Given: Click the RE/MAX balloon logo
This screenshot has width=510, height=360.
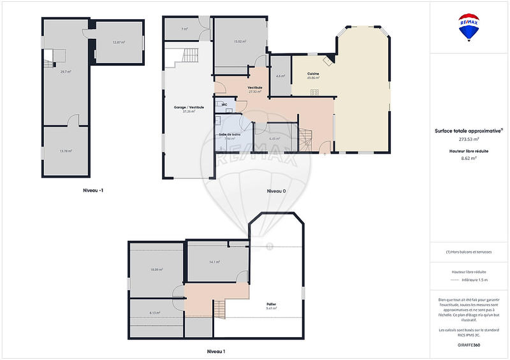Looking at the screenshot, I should pyautogui.click(x=469, y=28).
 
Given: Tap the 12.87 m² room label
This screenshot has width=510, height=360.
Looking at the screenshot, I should pyautogui.click(x=119, y=42).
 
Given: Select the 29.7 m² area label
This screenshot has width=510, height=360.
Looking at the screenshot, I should pyautogui.click(x=65, y=72).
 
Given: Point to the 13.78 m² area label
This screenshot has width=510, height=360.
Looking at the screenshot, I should pyautogui.click(x=65, y=151).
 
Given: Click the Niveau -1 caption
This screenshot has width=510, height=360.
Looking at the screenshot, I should pyautogui.click(x=93, y=191).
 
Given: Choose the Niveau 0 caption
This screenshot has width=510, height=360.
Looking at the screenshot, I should pyautogui.click(x=276, y=191).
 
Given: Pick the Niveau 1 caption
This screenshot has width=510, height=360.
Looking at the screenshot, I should pyautogui.click(x=216, y=351).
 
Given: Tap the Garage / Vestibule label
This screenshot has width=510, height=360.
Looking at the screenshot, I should pyautogui.click(x=189, y=109).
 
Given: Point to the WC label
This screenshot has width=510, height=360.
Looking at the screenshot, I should pyautogui.click(x=224, y=104).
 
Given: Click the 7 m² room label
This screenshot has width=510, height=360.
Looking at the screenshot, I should pyautogui.click(x=184, y=29).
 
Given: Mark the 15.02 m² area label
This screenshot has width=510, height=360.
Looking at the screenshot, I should pyautogui.click(x=240, y=42).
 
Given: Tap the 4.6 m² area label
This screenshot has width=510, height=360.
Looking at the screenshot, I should pyautogui.click(x=280, y=76).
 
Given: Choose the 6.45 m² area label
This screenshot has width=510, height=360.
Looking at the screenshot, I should pyautogui.click(x=275, y=138).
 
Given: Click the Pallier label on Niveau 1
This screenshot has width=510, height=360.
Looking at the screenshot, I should pyautogui.click(x=272, y=305).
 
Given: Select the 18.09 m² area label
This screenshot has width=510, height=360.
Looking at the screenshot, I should pyautogui.click(x=156, y=270).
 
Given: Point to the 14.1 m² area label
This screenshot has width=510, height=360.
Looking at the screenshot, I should pyautogui.click(x=214, y=261).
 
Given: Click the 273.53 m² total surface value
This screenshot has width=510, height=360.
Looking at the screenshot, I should pyautogui.click(x=469, y=139).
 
